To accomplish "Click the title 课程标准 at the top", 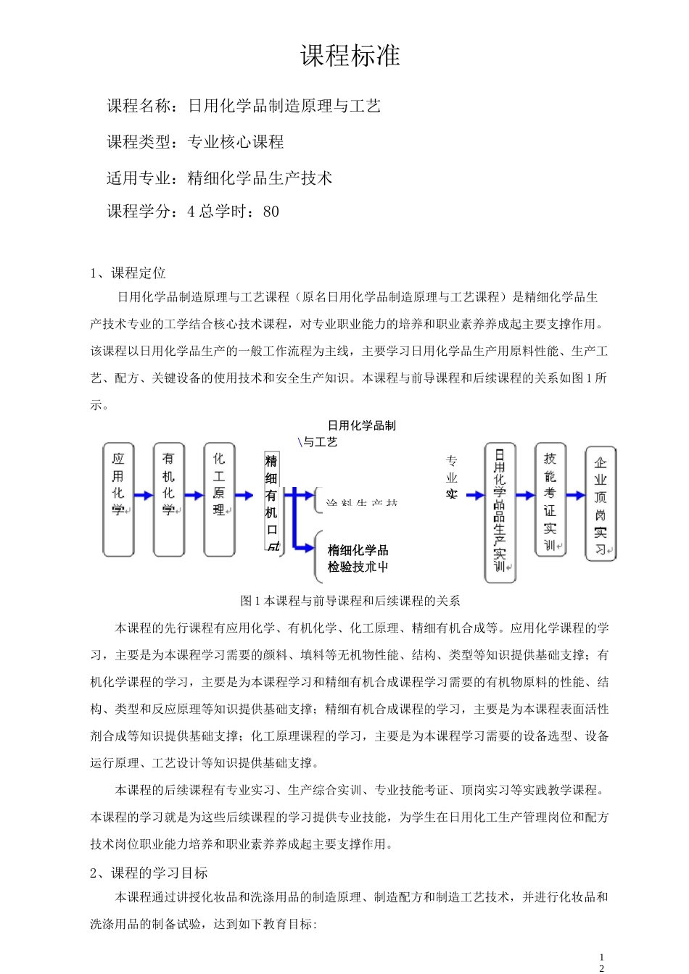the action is coord(350,56).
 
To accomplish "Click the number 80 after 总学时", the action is coord(271,212).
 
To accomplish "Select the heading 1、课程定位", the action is coord(128,273).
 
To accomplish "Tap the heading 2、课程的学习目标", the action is coord(149,873).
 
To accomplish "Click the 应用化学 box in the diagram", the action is coord(118,499).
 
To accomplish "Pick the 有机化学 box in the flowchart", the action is coord(169,499).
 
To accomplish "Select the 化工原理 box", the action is coord(220,499).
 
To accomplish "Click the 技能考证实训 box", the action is coord(550,499).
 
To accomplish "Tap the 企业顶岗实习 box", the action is coord(601,503).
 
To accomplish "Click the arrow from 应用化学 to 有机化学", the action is coord(144,496).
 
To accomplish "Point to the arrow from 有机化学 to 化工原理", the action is coord(194,496).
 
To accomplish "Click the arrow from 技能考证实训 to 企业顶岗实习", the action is coord(576,496).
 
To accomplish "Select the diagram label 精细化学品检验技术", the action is coord(358,559).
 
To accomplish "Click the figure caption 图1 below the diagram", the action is coord(350,601).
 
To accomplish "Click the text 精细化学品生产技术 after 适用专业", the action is coord(260,178).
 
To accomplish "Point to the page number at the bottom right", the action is coord(601,962).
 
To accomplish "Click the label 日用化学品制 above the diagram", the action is coord(362,425).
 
